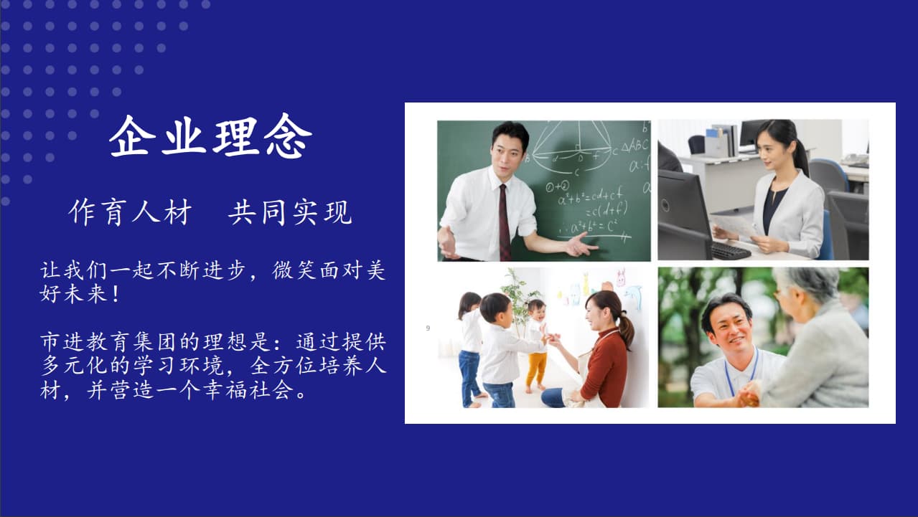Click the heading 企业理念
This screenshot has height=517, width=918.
(x=210, y=136)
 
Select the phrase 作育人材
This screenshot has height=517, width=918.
(x=130, y=212)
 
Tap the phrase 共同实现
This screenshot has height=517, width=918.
(x=290, y=212)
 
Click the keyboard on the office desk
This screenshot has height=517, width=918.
(x=730, y=250)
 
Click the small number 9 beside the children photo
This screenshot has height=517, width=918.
(x=428, y=328)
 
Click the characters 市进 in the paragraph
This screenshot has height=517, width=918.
(x=62, y=341)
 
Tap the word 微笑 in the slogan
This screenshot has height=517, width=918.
(x=295, y=270)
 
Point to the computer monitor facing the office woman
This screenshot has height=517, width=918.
(x=683, y=215)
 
